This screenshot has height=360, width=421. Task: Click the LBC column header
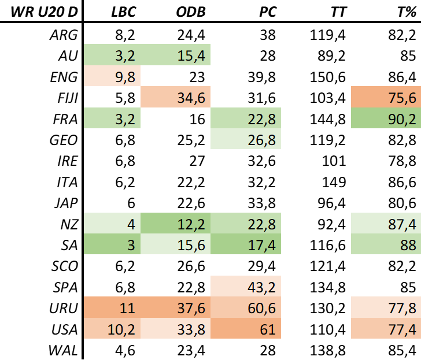pos(124,12)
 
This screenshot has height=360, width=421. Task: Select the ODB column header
pos(191,12)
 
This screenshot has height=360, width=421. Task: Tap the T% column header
pos(407,12)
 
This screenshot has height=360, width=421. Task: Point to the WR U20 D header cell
pos(45,12)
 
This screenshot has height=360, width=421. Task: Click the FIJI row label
pos(68,98)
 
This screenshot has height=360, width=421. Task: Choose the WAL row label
pos(63,350)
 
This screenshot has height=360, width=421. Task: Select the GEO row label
pos(64,140)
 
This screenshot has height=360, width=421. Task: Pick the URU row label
pos(64,308)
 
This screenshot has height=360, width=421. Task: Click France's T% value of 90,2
pos(402,119)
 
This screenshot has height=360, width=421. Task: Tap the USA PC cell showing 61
pos(267,329)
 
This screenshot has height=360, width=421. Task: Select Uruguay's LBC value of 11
pos(127,308)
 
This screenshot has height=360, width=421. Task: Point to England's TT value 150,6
pos(327,77)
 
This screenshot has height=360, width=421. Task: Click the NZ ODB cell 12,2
pos(191,224)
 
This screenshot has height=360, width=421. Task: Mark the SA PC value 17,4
pos(261,245)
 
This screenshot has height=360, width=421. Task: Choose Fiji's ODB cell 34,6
pos(191,98)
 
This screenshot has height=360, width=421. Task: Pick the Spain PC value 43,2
pos(261,287)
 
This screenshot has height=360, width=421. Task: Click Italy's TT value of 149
pos(334,182)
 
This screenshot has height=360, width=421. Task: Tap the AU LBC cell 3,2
pos(125,56)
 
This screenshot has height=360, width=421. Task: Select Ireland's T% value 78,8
pos(402,161)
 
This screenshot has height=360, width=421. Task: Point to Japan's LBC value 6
pos(131,203)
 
